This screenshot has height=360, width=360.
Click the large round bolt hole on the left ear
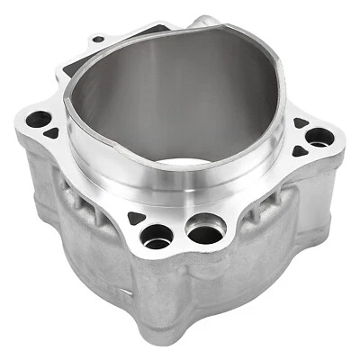click(38, 118)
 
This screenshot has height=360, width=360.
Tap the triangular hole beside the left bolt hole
click(52, 132)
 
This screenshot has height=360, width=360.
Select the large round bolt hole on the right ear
click(319, 137)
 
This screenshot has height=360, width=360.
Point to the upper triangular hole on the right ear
click(300, 122)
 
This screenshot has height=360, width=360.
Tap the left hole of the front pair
click(157, 237)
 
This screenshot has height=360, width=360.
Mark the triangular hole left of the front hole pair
click(135, 218)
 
